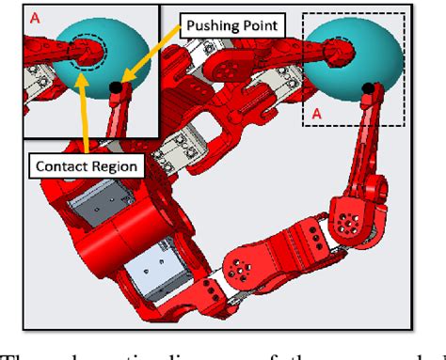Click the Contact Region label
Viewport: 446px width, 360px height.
(86, 166)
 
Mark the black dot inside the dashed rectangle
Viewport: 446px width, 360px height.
(368, 88)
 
